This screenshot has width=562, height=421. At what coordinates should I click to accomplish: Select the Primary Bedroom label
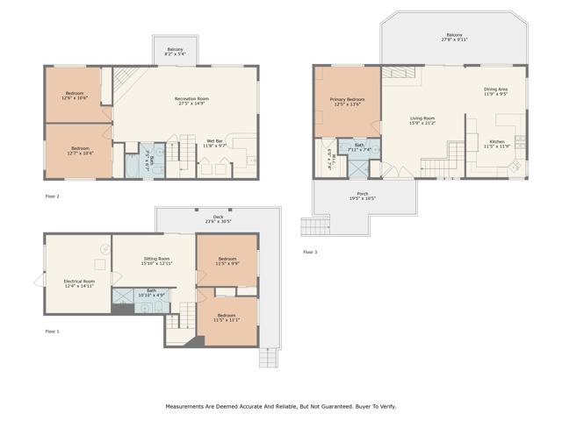(x=348, y=103)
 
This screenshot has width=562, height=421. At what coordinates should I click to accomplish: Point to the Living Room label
(x=423, y=120)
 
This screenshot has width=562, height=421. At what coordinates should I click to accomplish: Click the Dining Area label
(x=495, y=91)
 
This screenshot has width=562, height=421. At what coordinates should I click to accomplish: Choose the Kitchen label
(x=497, y=144)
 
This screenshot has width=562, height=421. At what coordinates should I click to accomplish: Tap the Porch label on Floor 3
(x=363, y=196)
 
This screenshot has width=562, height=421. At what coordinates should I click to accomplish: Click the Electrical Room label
(x=79, y=283)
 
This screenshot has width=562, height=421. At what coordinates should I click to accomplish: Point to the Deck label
(x=219, y=218)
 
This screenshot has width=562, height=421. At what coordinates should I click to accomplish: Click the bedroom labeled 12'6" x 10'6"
(x=75, y=96)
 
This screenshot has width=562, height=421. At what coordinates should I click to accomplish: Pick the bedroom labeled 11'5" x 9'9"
(x=227, y=260)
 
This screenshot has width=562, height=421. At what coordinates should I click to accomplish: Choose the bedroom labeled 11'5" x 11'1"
(x=227, y=318)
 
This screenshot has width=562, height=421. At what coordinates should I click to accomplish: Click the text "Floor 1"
(x=53, y=331)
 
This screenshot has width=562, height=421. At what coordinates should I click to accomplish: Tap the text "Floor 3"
(x=310, y=252)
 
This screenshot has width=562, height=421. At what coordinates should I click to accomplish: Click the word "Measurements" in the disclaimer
(x=190, y=407)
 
